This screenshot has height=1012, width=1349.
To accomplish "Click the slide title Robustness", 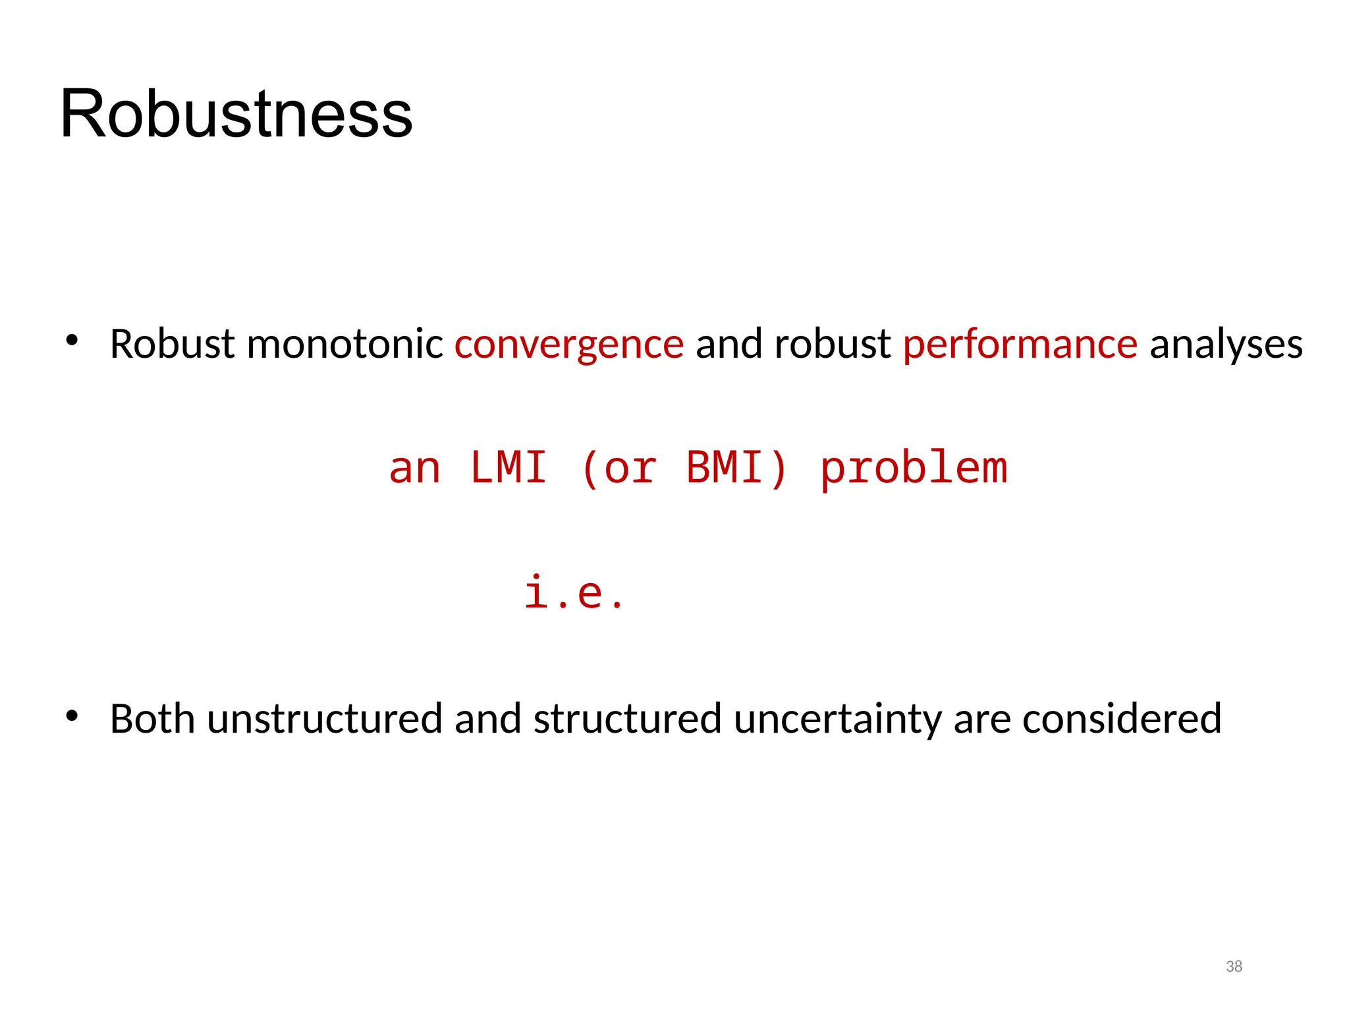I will [x=236, y=114].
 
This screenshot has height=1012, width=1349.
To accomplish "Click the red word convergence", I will [x=569, y=344].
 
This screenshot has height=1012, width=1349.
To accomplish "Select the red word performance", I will [x=1020, y=344].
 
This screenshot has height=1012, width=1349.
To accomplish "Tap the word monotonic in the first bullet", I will [x=344, y=344].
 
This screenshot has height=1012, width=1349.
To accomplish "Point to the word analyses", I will [x=1226, y=344].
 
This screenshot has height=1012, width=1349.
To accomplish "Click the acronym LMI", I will [x=509, y=468].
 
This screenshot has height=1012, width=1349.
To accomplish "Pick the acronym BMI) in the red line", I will [x=737, y=468].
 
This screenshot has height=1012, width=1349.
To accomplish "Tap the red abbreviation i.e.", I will [x=573, y=592].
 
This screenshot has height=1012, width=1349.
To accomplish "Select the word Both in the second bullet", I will [x=152, y=718].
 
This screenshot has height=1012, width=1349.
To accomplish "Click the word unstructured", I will [x=325, y=718].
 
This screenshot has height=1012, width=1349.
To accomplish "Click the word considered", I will [x=1122, y=718].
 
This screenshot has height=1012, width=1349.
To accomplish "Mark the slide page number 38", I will [x=1234, y=967].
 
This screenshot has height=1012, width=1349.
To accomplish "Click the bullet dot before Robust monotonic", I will [x=72, y=341].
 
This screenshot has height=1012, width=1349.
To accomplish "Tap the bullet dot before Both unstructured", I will [x=72, y=715].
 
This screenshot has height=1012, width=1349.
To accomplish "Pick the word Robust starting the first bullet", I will [x=172, y=344].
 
